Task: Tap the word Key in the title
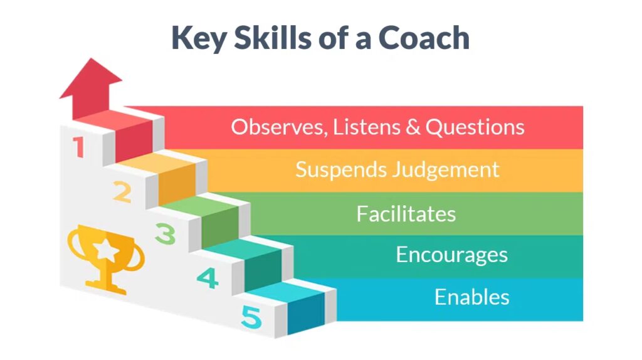coord(199,39)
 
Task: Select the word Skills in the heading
coord(272,38)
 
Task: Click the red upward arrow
coord(91,89)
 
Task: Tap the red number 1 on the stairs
coord(78,147)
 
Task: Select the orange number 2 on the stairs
coord(122,192)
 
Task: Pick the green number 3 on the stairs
coord(166,234)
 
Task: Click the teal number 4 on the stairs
coord(208,278)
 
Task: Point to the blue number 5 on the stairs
coord(251,317)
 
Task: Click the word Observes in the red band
coord(279,127)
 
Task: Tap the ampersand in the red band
coord(413,127)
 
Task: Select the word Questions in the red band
coord(475,127)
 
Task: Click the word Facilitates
coord(406,214)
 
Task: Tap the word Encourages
coord(451,255)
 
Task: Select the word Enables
coord(471,297)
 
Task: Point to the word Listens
coord(367,127)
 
